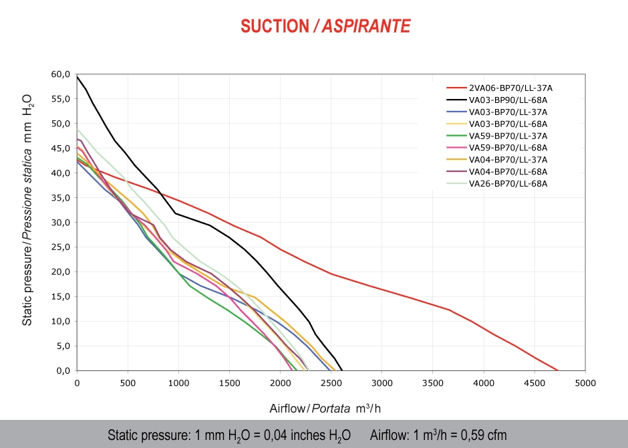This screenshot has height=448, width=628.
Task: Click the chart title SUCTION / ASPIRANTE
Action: click(325, 26)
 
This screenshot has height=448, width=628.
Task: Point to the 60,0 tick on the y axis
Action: click(61, 74)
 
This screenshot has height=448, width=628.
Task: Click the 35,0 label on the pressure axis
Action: click(61, 197)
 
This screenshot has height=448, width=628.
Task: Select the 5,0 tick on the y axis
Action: click(63, 346)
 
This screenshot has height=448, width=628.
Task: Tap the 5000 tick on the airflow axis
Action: click(585, 382)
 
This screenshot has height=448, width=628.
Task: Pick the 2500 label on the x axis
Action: click(331, 382)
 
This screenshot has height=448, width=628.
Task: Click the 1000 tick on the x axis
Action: click(178, 382)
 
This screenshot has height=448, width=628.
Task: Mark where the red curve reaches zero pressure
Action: click(558, 370)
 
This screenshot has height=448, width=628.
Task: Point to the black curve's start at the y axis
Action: click(77, 77)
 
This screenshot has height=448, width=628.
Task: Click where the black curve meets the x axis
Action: click(342, 370)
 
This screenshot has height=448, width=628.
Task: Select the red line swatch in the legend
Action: click(455, 88)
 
